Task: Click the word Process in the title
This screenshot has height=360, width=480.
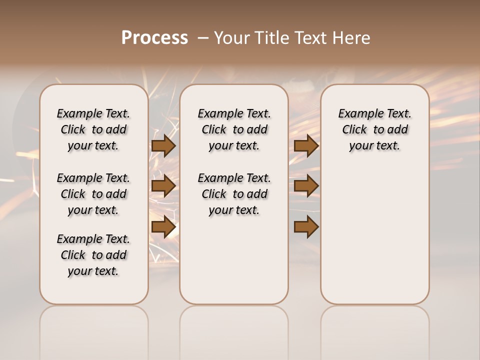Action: (154, 38)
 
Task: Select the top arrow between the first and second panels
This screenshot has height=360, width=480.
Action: (163, 145)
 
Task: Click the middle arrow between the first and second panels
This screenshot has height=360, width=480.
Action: (163, 186)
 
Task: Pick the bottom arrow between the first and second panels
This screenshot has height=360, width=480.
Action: (163, 227)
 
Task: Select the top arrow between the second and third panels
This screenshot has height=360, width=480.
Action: (306, 145)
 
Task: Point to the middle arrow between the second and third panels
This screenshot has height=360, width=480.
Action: (306, 186)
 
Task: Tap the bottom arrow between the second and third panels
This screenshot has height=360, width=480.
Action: (306, 227)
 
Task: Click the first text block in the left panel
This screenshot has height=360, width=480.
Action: (93, 129)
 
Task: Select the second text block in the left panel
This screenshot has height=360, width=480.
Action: (93, 194)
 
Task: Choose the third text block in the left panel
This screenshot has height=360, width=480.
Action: (93, 255)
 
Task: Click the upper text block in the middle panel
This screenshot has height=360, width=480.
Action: (234, 129)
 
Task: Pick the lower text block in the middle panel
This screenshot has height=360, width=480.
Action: (234, 194)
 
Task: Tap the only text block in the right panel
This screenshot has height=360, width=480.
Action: (374, 129)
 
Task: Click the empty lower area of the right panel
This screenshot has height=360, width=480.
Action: (374, 235)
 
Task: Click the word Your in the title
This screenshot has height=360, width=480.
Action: (232, 38)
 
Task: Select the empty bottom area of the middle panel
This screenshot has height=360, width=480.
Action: (234, 260)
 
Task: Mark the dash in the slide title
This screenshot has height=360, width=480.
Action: (203, 38)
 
